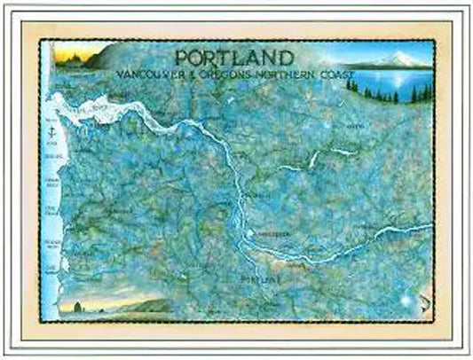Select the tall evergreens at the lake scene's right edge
coord(426,89)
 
